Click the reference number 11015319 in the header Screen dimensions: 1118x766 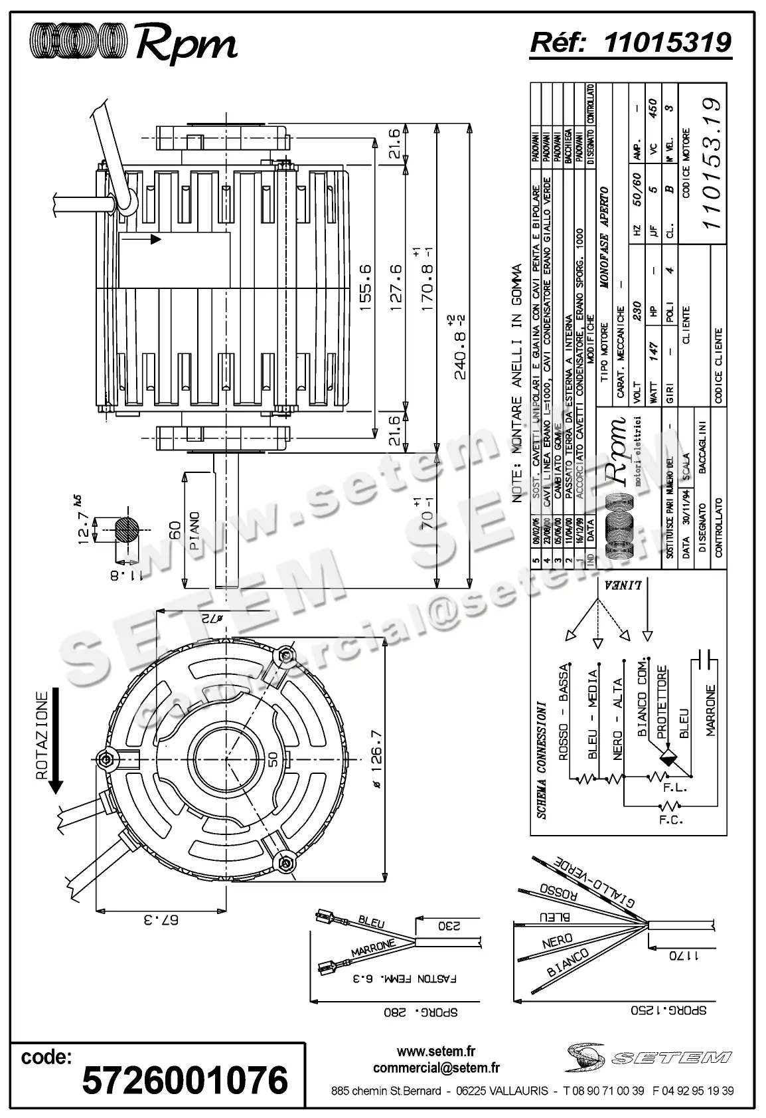pyautogui.click(x=668, y=43)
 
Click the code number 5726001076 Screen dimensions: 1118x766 pyautogui.click(x=185, y=1080)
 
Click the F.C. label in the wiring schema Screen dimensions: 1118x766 pyautogui.click(x=671, y=820)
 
